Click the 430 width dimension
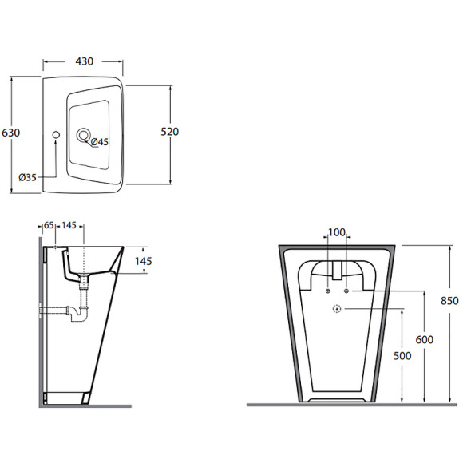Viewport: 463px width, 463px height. pyautogui.click(x=84, y=61)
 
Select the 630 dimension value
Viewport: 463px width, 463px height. pyautogui.click(x=11, y=133)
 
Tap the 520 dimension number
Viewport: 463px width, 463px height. pyautogui.click(x=169, y=132)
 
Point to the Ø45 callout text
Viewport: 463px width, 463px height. pyautogui.click(x=100, y=142)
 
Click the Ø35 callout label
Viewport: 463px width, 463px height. pyautogui.click(x=27, y=177)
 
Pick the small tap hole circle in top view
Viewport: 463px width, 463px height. pyautogui.click(x=56, y=135)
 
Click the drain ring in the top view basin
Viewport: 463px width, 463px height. pyautogui.click(x=84, y=135)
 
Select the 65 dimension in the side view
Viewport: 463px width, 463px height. pyautogui.click(x=49, y=225)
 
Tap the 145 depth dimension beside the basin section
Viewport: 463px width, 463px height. pyautogui.click(x=144, y=261)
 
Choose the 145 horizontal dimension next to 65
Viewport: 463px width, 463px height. pyautogui.click(x=69, y=225)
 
